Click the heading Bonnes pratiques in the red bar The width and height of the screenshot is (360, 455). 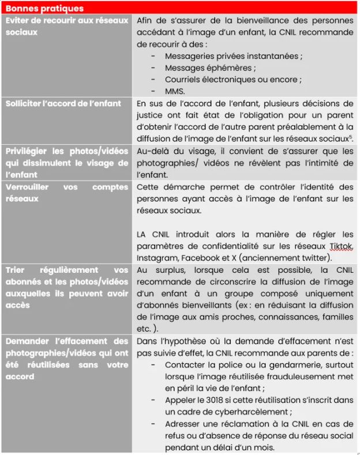[x=44, y=9]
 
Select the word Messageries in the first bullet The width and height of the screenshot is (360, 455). [x=190, y=56]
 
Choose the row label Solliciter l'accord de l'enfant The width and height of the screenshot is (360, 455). [x=63, y=103]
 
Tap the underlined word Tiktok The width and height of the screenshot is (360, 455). [x=340, y=246]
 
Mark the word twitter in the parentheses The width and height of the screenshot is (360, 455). [x=313, y=257]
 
